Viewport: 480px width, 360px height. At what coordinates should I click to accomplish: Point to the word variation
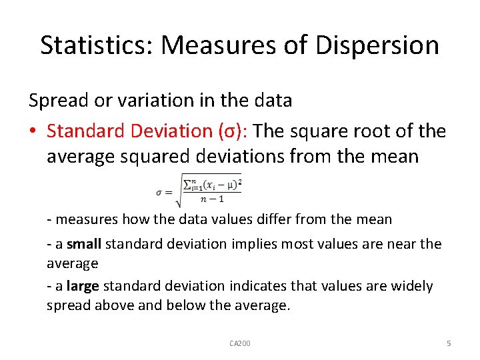tap(162, 101)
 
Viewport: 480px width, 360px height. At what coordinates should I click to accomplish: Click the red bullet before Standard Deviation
tap(33, 131)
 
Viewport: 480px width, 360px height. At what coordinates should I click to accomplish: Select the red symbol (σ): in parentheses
tap(229, 131)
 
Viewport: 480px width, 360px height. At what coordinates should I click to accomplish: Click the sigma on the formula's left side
tap(160, 193)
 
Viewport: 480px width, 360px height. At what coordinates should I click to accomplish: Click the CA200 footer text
tap(240, 343)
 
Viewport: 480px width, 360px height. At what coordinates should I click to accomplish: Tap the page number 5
tap(449, 343)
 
